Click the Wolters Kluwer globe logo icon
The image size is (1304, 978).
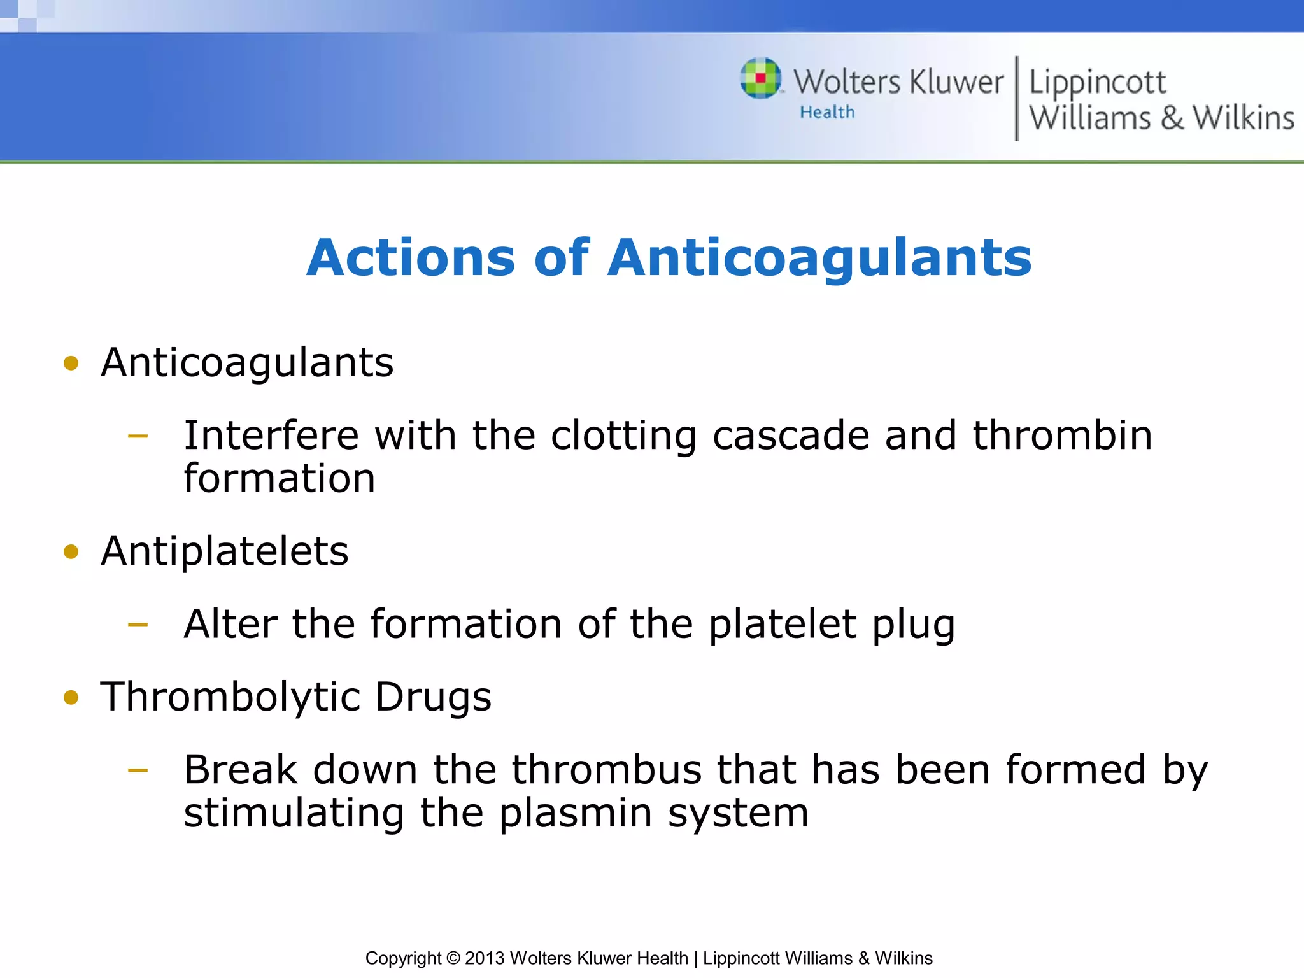(x=760, y=78)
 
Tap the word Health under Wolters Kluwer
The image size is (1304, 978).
(x=827, y=112)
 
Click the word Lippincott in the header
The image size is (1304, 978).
(x=1097, y=83)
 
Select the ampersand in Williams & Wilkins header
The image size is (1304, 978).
(x=1172, y=118)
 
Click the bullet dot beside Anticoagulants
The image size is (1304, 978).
(x=71, y=364)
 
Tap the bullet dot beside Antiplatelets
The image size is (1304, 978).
(x=71, y=551)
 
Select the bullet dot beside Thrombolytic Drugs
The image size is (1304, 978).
(x=71, y=697)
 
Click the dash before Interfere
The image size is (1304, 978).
(x=138, y=436)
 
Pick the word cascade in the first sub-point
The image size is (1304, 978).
(x=791, y=436)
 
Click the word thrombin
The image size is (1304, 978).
(x=1062, y=436)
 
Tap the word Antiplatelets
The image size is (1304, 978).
(x=225, y=551)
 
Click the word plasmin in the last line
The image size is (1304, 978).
(x=575, y=814)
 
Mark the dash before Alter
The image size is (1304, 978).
(x=138, y=625)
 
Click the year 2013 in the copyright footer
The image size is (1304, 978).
(x=485, y=958)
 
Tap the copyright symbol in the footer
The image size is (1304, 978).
(x=453, y=958)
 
